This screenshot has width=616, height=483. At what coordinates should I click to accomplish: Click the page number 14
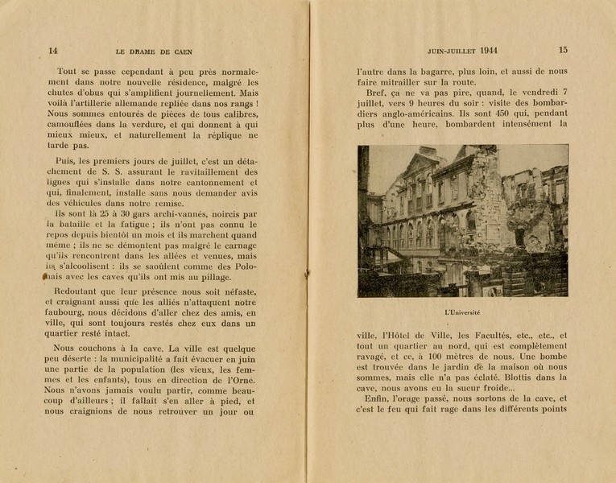(53, 50)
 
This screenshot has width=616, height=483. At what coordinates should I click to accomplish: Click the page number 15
(563, 50)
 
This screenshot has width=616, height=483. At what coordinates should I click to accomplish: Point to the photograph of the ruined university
(462, 221)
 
